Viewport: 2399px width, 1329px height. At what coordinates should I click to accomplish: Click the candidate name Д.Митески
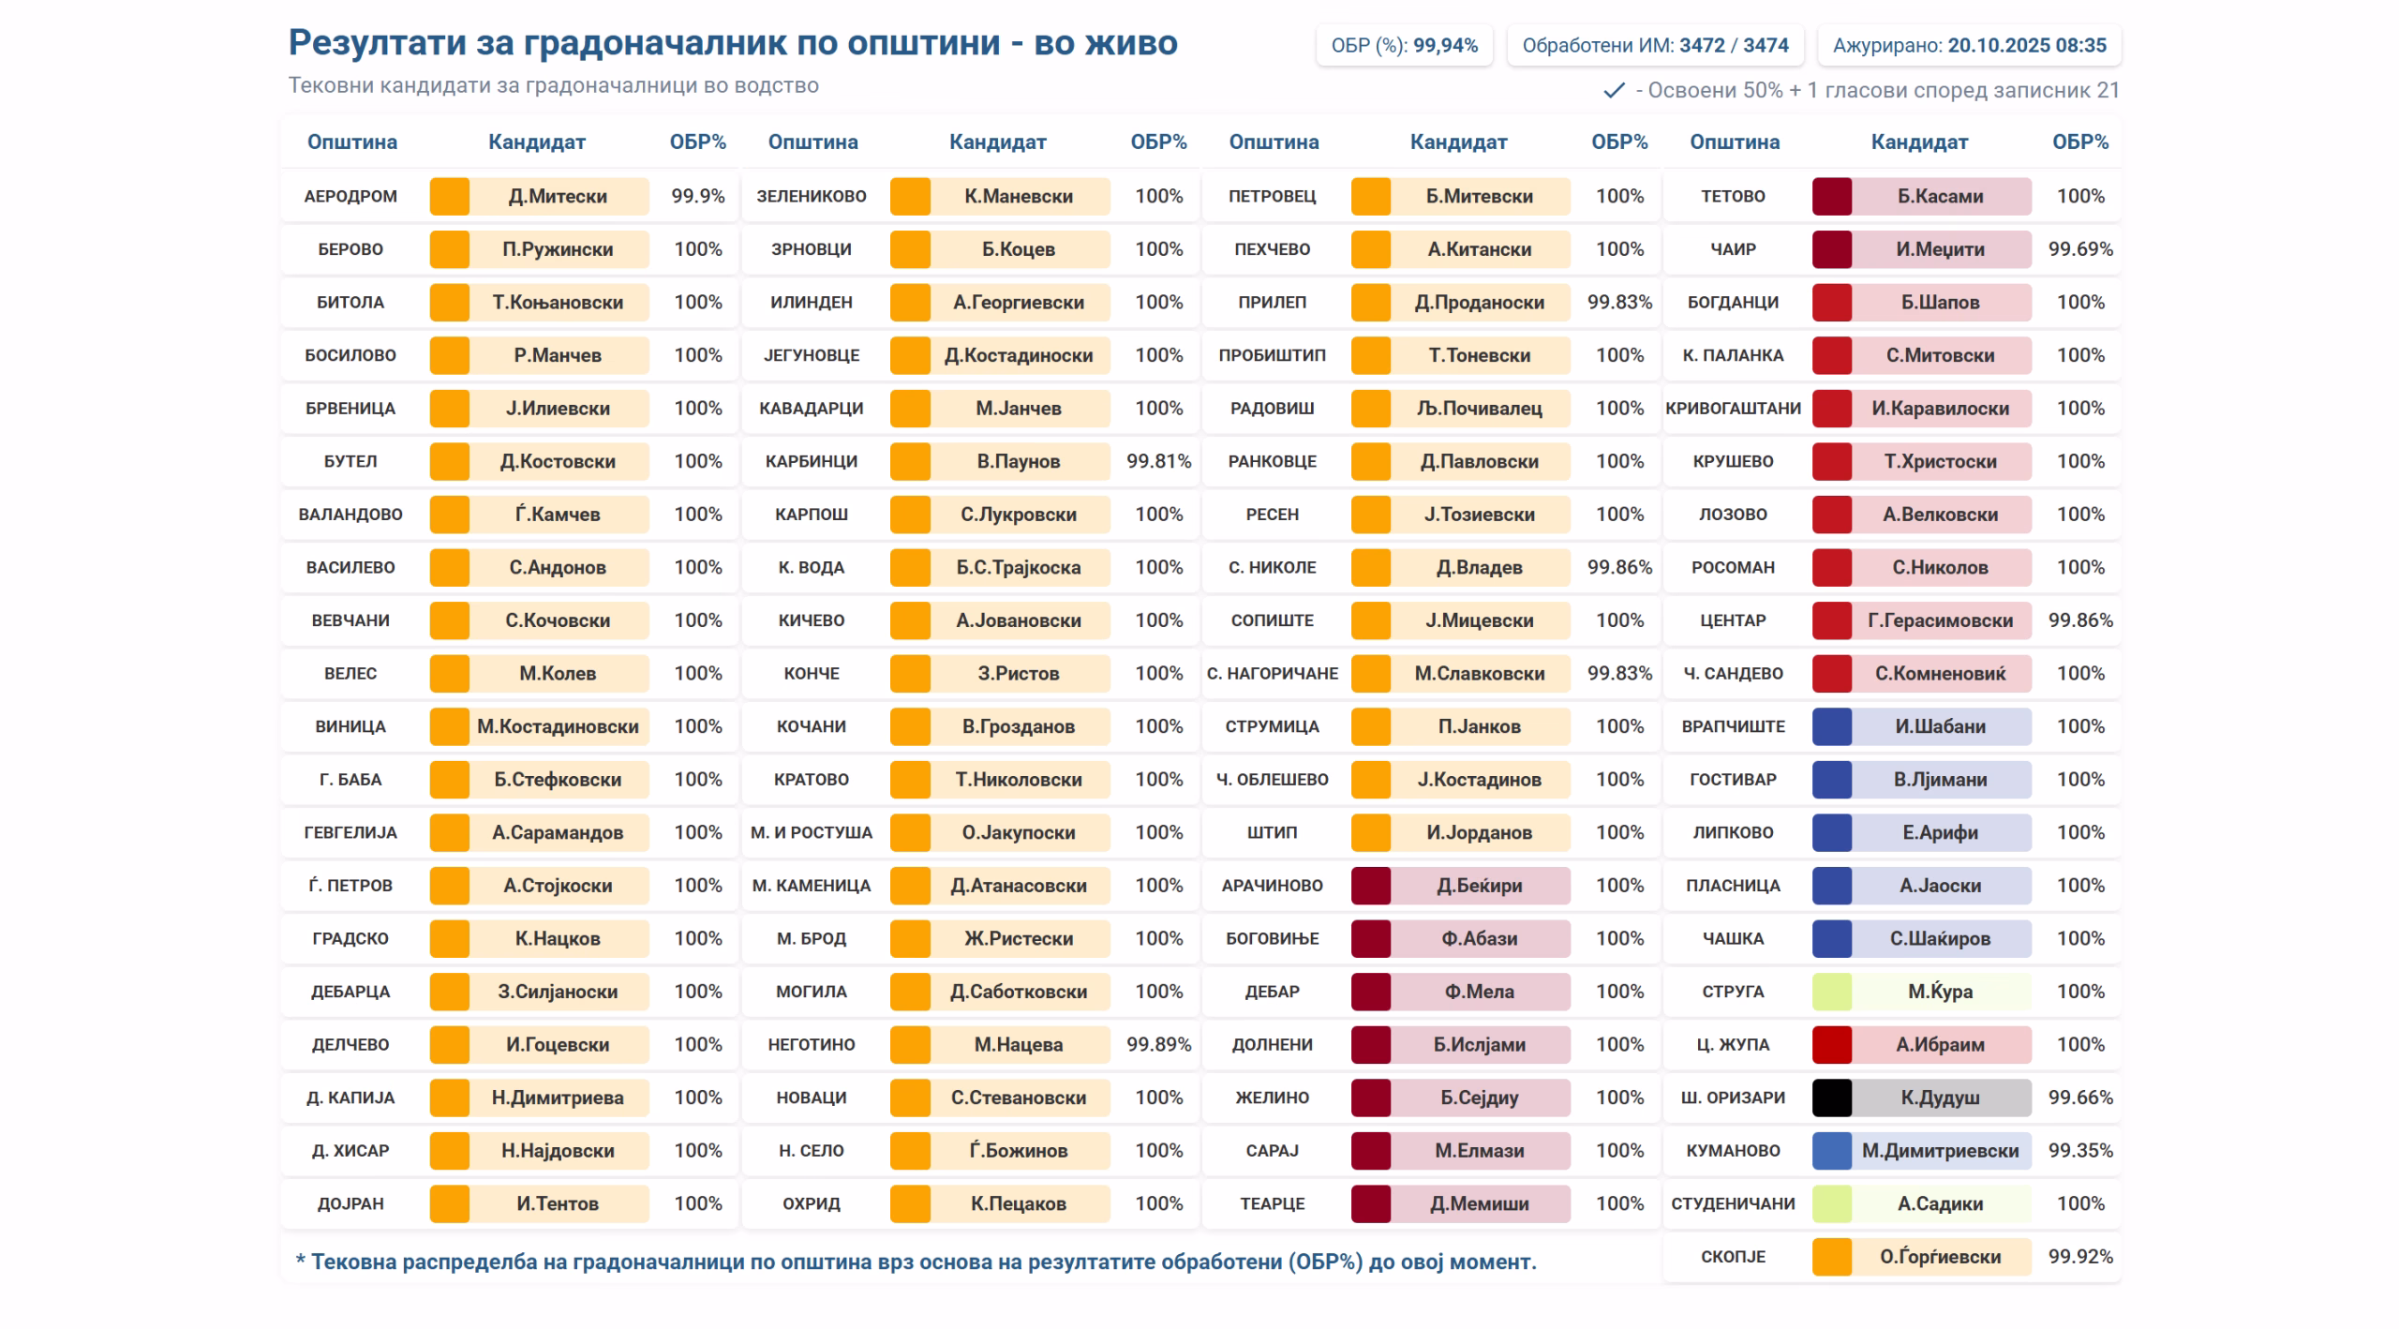(558, 196)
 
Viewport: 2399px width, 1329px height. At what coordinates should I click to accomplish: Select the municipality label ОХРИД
(812, 1203)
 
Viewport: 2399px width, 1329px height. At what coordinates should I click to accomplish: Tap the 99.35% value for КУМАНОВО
(2080, 1150)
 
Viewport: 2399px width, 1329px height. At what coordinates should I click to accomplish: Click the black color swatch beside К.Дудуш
(1831, 1098)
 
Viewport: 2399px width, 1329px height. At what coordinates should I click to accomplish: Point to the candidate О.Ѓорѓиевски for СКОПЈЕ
(1940, 1256)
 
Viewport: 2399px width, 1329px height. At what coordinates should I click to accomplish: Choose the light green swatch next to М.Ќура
(1831, 992)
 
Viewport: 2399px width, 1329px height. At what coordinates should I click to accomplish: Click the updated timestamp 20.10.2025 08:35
(2027, 45)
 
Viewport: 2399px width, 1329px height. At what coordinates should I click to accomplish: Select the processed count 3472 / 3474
(1734, 45)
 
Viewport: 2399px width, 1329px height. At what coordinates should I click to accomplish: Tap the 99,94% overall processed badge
(1445, 45)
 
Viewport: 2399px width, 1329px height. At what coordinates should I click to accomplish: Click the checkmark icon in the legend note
(1614, 90)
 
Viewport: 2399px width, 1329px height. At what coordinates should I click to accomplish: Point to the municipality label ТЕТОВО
(1733, 196)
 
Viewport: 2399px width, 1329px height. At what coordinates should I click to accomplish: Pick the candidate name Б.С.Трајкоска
(1019, 567)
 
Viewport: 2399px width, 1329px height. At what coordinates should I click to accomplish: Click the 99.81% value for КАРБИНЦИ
(1158, 461)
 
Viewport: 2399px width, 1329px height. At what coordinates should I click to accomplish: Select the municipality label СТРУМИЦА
(1272, 726)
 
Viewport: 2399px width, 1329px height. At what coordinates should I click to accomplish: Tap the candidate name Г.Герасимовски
(1940, 620)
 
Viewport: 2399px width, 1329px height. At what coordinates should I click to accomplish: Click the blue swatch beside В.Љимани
(1831, 779)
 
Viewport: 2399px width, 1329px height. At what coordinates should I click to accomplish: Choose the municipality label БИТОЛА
(350, 302)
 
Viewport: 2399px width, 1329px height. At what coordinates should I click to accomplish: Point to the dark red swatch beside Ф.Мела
(1370, 992)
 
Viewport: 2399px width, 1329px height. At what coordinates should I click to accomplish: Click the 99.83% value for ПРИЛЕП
(1619, 302)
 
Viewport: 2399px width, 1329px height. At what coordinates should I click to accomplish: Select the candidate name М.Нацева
(1019, 1044)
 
